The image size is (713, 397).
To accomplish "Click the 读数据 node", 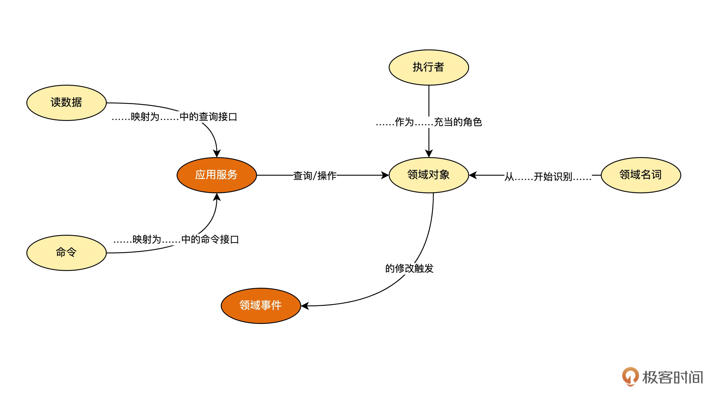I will click(66, 103).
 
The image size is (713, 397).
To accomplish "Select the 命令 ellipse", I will click(66, 253).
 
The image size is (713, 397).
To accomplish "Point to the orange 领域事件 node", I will click(261, 305).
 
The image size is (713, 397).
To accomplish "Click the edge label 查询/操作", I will click(315, 176).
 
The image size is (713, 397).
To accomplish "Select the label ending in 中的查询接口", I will click(174, 117).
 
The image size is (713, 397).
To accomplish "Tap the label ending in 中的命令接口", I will click(176, 239).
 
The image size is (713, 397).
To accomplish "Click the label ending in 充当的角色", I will click(429, 122).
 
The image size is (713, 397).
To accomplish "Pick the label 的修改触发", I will click(409, 268).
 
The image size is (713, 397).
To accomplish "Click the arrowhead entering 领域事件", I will click(305, 306).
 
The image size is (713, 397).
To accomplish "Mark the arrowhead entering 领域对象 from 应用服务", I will click(385, 175).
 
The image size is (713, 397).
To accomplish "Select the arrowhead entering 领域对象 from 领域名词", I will click(473, 175).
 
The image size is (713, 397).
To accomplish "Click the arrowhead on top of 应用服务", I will click(217, 153).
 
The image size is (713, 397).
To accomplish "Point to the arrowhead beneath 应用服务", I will click(217, 197).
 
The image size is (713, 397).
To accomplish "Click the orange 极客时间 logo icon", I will click(630, 376).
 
